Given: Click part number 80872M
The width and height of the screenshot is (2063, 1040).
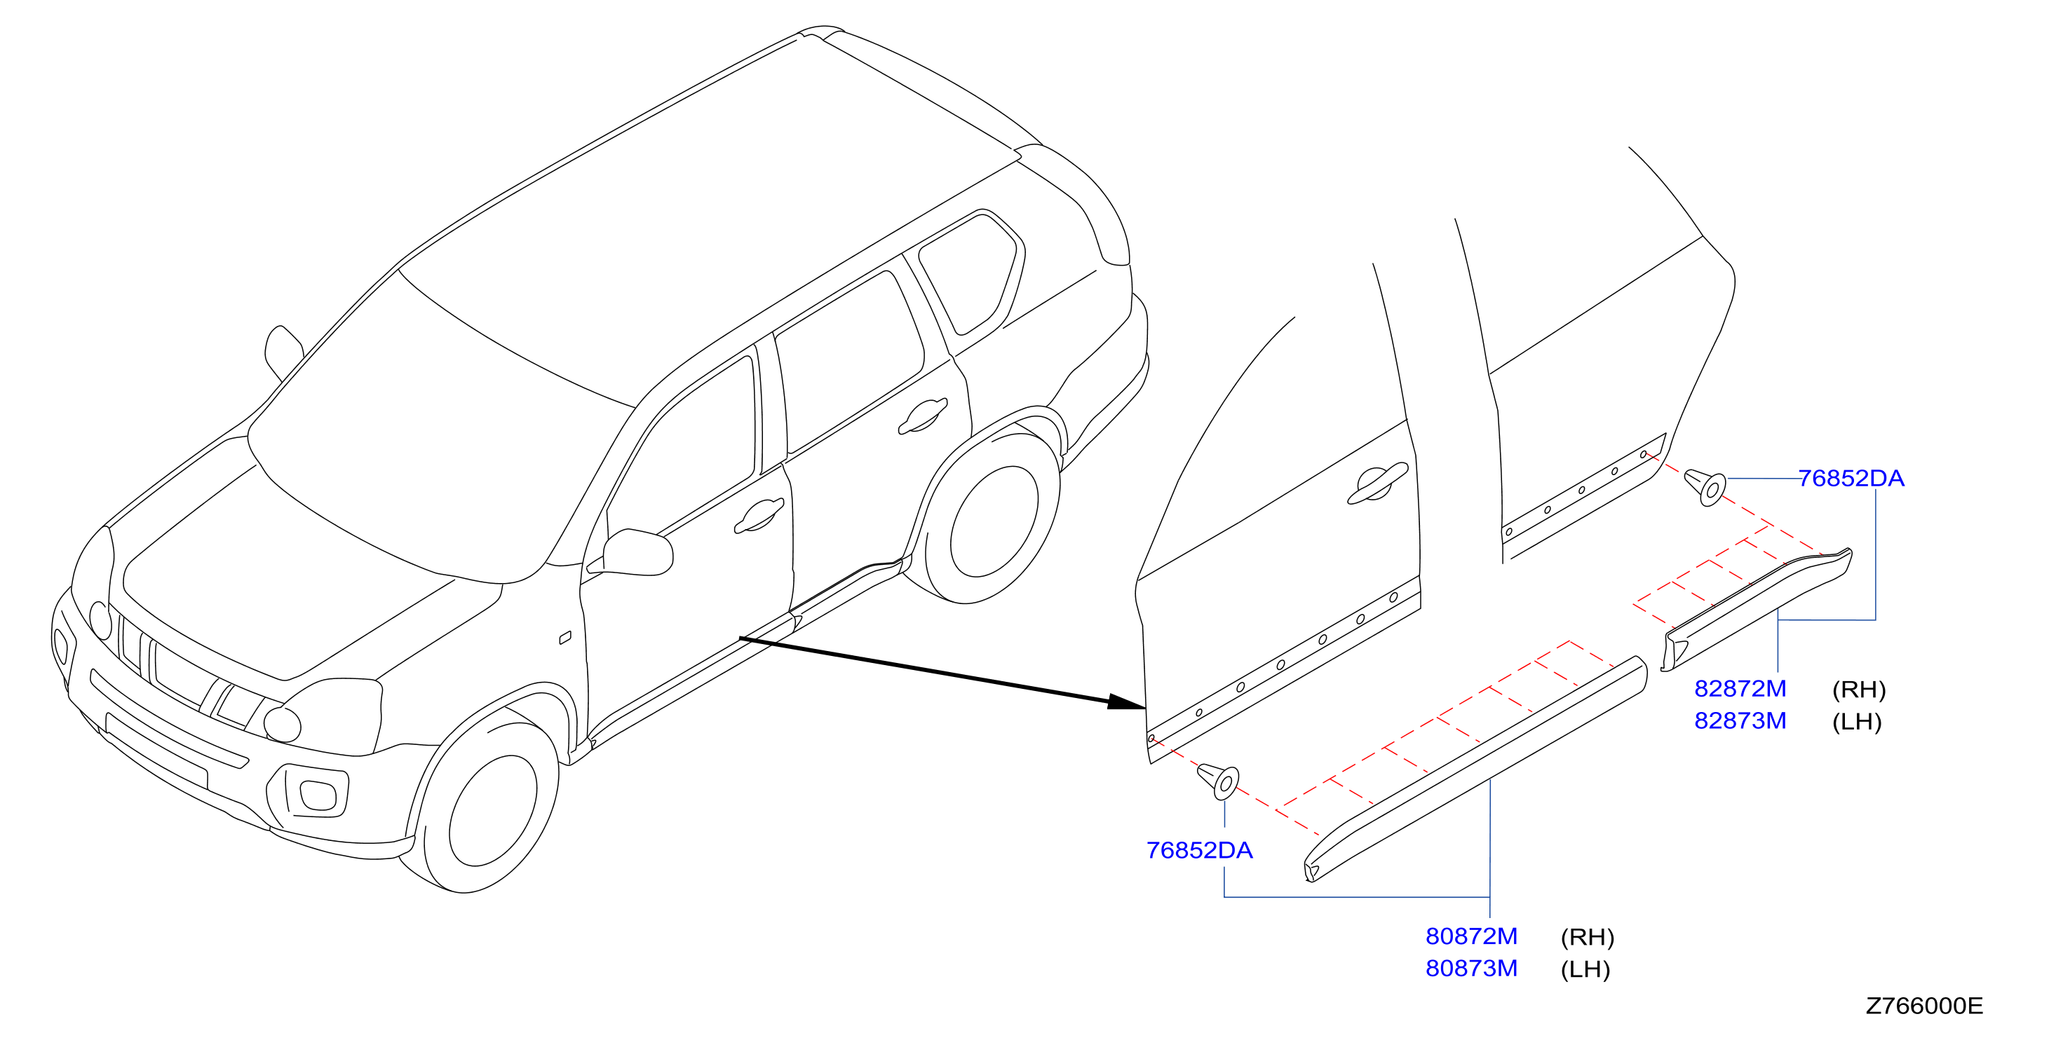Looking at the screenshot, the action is click(1471, 936).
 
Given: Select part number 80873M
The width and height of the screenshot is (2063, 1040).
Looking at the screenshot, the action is click(1471, 968).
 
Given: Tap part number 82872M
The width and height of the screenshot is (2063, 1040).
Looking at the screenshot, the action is click(1740, 688).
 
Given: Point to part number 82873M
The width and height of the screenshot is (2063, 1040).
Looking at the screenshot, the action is click(1740, 720).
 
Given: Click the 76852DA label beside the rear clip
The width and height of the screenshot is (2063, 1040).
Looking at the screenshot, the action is click(1851, 478).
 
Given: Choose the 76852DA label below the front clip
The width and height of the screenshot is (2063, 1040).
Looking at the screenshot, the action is click(1199, 850).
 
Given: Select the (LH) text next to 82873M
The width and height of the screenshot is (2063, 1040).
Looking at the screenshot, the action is click(1856, 721).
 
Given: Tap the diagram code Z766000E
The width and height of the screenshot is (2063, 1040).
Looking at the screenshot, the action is click(1924, 1006).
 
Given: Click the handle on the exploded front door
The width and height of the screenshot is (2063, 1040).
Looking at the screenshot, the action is click(1377, 484).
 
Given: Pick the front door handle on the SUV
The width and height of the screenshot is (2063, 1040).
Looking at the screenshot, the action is click(757, 516).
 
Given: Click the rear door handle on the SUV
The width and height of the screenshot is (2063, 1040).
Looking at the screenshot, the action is click(923, 416).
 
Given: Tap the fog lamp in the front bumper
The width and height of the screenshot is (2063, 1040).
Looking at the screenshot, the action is click(318, 794).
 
